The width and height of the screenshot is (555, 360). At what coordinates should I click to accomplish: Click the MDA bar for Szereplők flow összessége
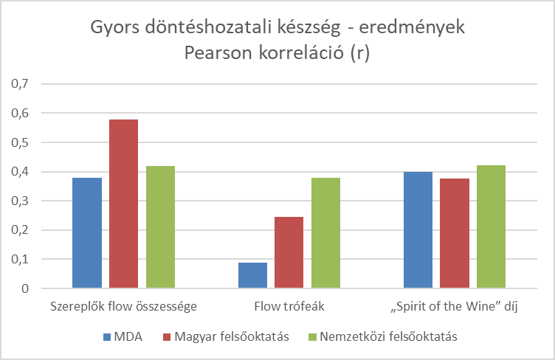(x=87, y=232)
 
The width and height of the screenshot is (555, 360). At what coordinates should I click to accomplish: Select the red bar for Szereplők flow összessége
(x=124, y=204)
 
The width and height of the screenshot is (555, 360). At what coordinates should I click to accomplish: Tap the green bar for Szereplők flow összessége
(x=160, y=226)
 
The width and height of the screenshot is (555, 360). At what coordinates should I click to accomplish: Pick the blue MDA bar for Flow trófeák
(x=252, y=275)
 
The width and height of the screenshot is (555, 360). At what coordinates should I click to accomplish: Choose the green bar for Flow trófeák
(x=325, y=232)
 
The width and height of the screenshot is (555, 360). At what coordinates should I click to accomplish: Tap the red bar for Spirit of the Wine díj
(x=455, y=233)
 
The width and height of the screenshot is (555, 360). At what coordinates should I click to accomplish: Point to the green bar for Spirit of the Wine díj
(x=491, y=226)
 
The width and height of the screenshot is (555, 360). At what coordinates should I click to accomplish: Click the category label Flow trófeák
(x=289, y=306)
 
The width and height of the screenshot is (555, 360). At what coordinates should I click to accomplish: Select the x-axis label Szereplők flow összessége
(x=123, y=306)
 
